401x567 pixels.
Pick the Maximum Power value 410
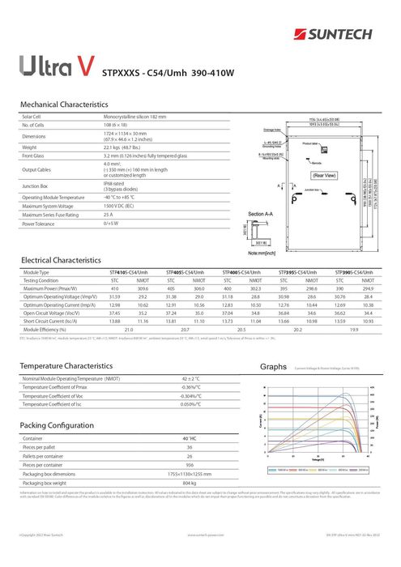115,288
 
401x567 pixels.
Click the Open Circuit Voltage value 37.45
114,311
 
